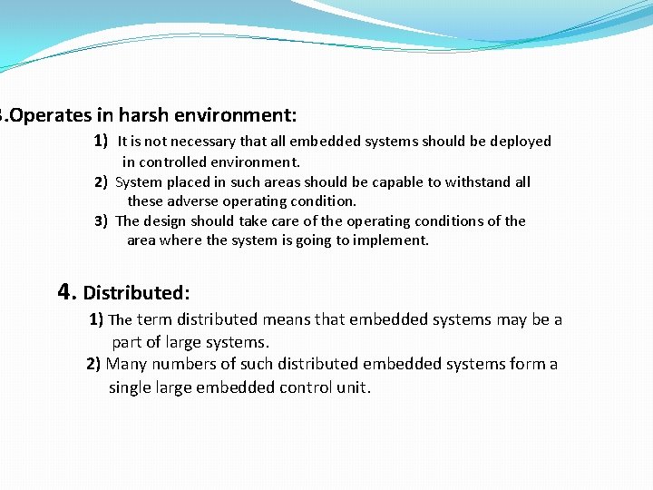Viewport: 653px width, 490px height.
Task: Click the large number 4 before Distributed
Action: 65,291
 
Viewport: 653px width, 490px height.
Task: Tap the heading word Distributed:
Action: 136,293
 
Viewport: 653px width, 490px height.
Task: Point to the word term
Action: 155,319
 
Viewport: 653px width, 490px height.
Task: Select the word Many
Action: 126,364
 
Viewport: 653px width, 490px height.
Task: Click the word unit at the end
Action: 355,387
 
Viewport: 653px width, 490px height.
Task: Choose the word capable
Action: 412,182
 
